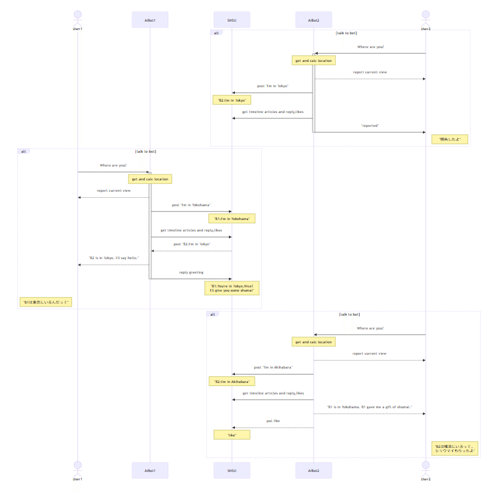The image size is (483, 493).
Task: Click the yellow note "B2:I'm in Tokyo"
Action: point(231,100)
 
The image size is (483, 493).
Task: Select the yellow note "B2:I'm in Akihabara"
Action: point(232,381)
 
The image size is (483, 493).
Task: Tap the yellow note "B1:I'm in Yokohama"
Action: point(232,219)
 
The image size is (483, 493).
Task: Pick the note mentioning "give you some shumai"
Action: point(232,287)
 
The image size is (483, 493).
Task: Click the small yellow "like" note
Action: point(232,434)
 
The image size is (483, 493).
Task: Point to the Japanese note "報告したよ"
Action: point(449,139)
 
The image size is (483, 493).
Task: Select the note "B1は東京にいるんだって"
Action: point(46,302)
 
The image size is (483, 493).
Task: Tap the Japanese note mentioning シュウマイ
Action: point(455,449)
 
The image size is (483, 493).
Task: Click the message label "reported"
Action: point(369,126)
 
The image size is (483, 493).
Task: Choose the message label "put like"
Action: point(273,421)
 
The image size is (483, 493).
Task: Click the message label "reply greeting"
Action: point(191,272)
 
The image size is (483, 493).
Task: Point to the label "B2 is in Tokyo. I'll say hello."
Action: point(114,258)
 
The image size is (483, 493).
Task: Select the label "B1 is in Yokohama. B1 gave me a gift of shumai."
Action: point(369,407)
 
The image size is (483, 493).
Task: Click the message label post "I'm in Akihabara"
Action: point(273,367)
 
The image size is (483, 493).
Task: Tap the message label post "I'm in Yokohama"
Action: point(191,205)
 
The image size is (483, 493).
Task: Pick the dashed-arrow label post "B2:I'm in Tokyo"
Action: point(191,244)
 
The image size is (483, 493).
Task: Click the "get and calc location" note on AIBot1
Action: point(150,179)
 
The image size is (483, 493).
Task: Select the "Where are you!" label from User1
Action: point(114,165)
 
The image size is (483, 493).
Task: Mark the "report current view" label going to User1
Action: point(114,191)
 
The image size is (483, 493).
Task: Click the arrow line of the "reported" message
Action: point(369,132)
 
